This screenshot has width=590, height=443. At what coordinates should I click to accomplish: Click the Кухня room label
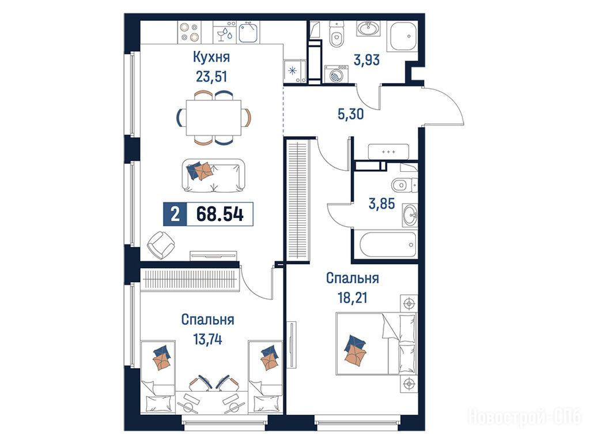click(x=211, y=57)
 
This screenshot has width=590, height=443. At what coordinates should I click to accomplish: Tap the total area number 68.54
click(x=220, y=214)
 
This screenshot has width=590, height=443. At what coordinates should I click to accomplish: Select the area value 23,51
click(x=211, y=77)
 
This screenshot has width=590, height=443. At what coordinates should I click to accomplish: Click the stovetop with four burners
click(x=189, y=32)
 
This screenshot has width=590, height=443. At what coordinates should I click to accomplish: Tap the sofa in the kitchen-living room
click(x=213, y=175)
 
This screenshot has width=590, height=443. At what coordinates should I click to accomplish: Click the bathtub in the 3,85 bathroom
click(x=388, y=245)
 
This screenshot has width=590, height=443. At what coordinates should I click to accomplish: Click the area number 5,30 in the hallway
click(x=351, y=114)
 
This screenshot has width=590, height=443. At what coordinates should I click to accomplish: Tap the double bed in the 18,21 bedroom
click(x=376, y=343)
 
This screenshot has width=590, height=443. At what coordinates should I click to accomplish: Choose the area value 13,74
click(x=207, y=339)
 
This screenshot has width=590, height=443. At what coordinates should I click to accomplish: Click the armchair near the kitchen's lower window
click(x=161, y=245)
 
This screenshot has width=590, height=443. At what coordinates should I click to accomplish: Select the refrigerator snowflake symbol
click(x=292, y=70)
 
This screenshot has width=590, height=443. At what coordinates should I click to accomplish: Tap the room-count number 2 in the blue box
click(x=175, y=215)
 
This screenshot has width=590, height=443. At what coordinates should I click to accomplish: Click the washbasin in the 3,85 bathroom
click(x=410, y=215)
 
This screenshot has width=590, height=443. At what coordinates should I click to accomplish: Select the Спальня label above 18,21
click(x=352, y=279)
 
